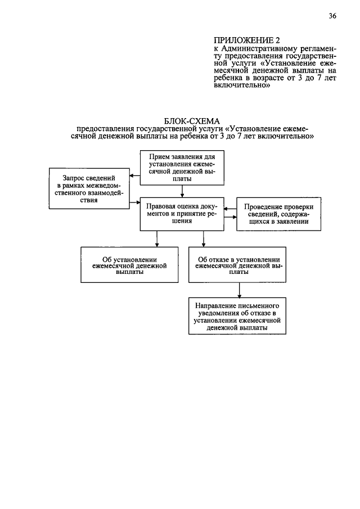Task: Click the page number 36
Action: pyautogui.click(x=332, y=16)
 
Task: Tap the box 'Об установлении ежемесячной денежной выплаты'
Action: pyautogui.click(x=121, y=264)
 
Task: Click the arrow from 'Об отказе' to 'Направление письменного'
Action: pyautogui.click(x=240, y=289)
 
